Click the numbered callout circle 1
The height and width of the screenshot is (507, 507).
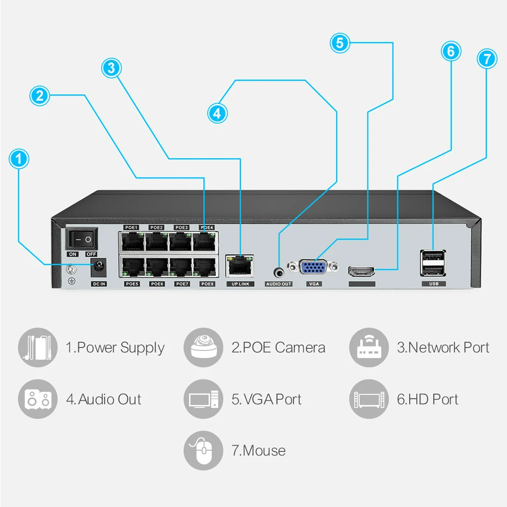click(x=19, y=159)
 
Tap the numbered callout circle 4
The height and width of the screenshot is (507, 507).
click(x=217, y=113)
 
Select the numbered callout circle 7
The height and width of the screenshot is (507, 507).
click(x=487, y=58)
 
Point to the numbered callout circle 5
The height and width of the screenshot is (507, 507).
click(x=340, y=43)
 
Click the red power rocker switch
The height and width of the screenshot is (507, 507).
click(x=82, y=238)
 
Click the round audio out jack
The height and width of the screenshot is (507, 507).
click(x=279, y=270)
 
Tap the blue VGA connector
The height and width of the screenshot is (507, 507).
click(x=314, y=268)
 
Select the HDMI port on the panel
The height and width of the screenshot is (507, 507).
click(x=362, y=271)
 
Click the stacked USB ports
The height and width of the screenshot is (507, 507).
click(x=433, y=263)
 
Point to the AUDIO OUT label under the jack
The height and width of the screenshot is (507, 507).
click(x=279, y=284)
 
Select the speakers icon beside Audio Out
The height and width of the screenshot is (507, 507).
click(x=37, y=399)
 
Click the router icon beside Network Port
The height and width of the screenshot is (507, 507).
click(x=368, y=347)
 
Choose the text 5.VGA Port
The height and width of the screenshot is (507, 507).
click(x=267, y=399)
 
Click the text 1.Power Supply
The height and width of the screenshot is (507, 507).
click(x=115, y=348)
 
